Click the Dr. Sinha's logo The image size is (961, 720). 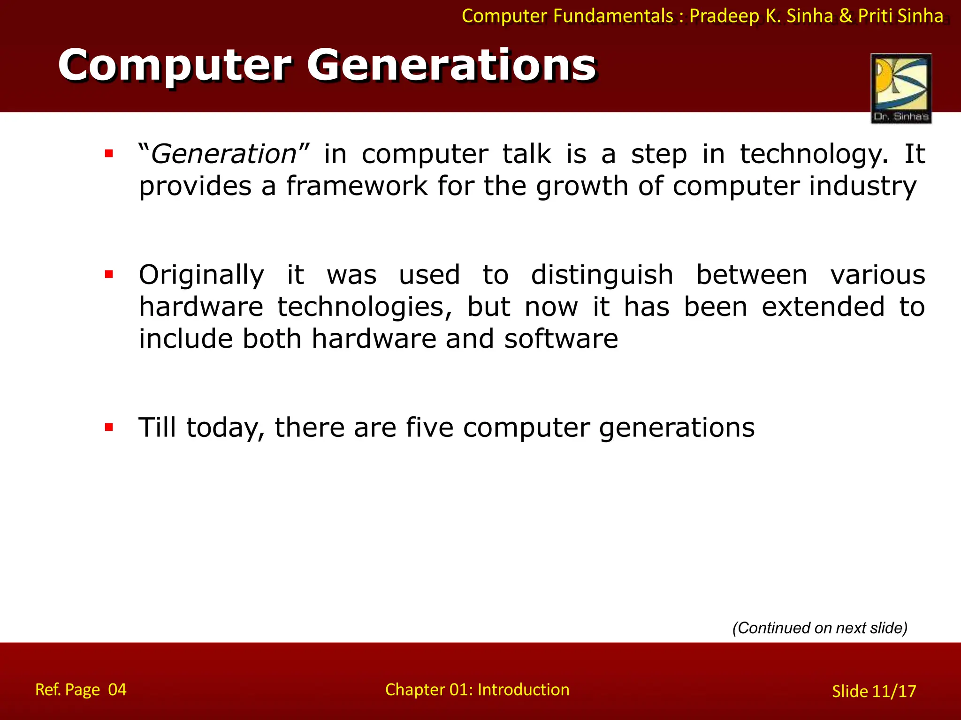click(x=901, y=88)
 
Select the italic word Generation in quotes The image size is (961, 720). click(x=224, y=154)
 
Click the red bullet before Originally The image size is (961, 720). click(x=109, y=274)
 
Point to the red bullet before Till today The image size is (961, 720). click(x=109, y=427)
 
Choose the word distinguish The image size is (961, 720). click(x=602, y=275)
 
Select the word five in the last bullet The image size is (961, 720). click(x=429, y=427)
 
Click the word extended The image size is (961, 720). click(x=823, y=307)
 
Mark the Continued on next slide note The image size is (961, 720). click(x=820, y=628)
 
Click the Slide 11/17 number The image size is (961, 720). click(x=874, y=691)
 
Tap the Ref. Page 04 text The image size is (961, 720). click(x=81, y=690)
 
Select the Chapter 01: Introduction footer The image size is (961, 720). click(x=477, y=690)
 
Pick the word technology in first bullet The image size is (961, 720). click(x=813, y=154)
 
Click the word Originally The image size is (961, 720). click(x=201, y=275)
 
